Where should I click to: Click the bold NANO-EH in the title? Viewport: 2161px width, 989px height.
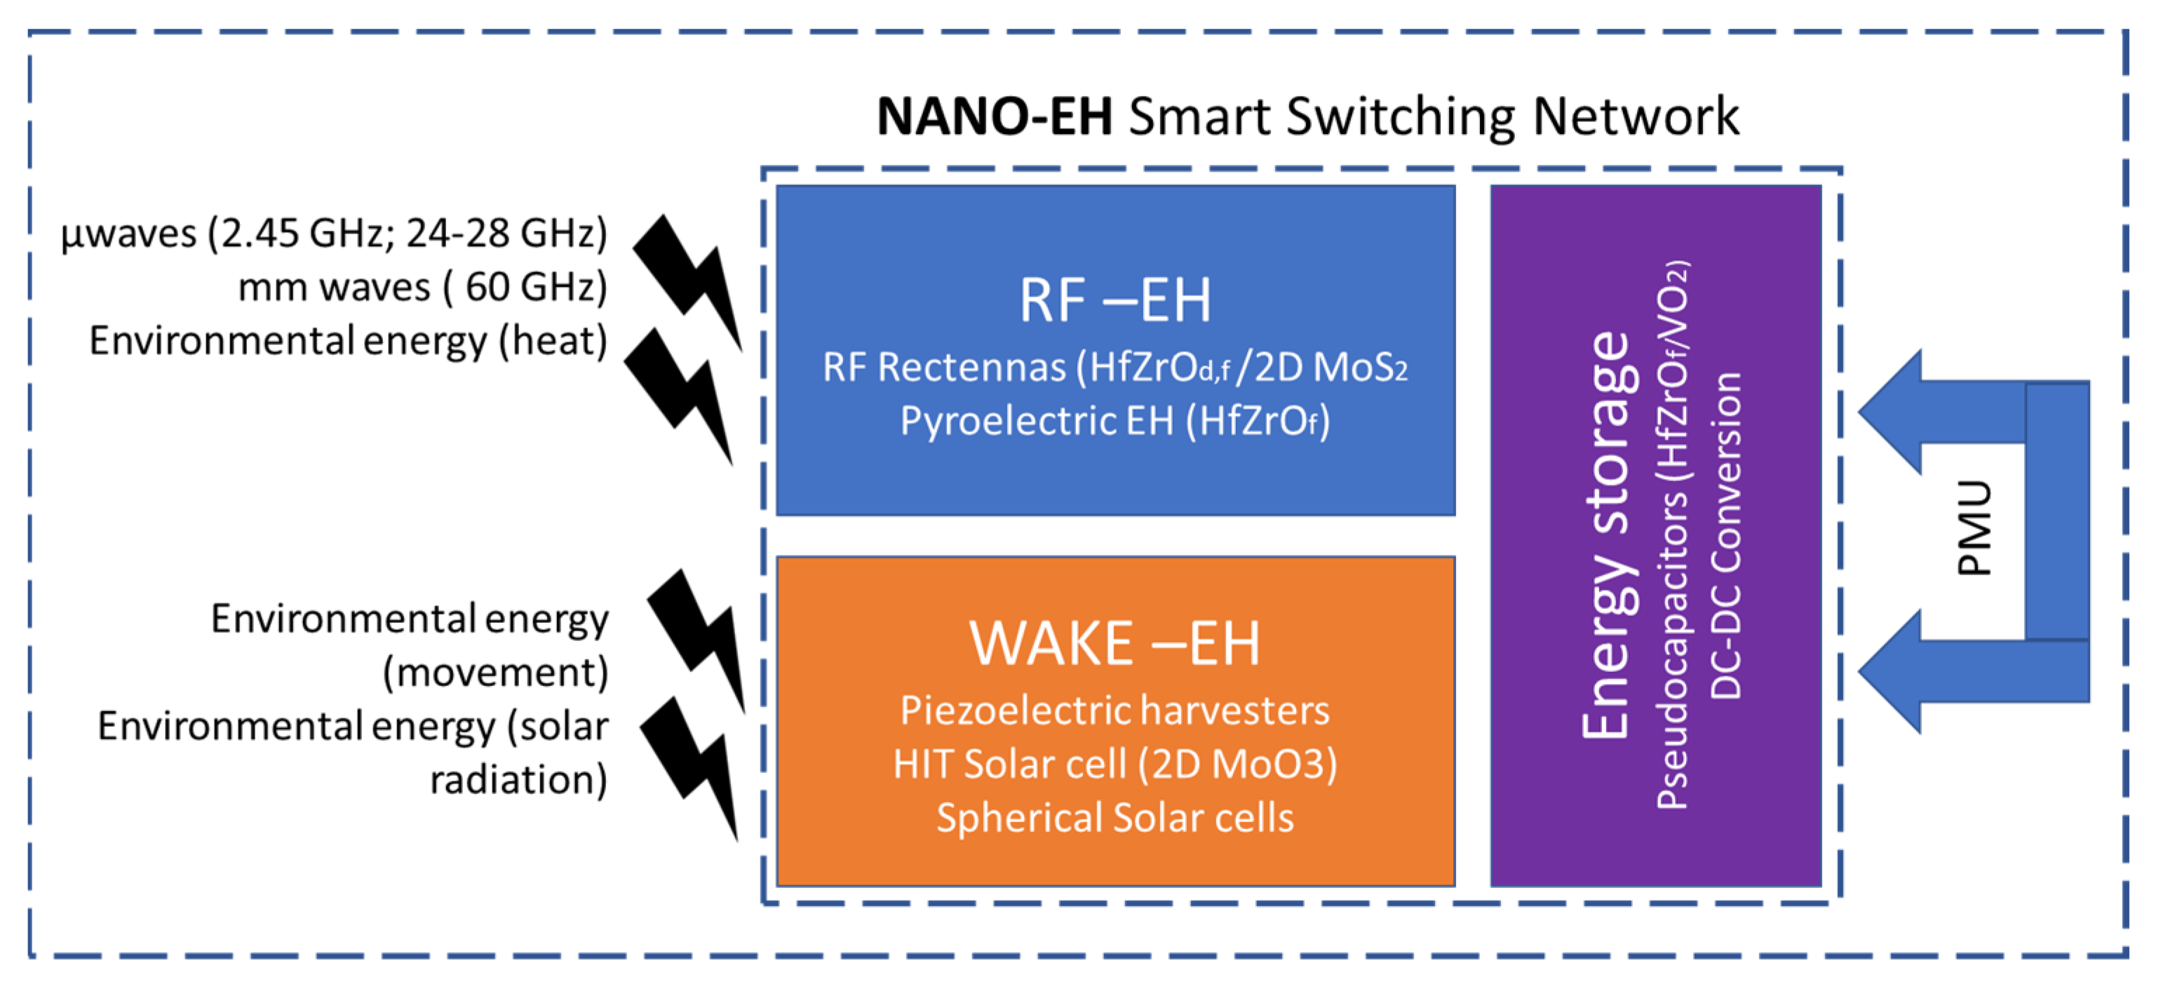[x=994, y=116]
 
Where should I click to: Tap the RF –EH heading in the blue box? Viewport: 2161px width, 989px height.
[x=1115, y=300]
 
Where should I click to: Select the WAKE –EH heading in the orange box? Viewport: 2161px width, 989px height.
[x=1115, y=643]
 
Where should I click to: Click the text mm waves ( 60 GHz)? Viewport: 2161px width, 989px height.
[x=422, y=287]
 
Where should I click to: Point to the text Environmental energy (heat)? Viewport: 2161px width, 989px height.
[x=348, y=341]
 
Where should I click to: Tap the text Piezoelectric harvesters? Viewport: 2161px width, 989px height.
[x=1115, y=711]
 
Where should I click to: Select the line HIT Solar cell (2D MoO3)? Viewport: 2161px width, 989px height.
[x=1115, y=764]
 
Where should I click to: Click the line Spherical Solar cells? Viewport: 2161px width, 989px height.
[x=1115, y=818]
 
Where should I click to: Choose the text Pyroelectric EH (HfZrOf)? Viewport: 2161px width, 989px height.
[x=1115, y=421]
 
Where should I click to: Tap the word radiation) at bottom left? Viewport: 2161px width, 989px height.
[x=518, y=780]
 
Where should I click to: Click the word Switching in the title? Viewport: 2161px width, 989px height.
[x=1401, y=116]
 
